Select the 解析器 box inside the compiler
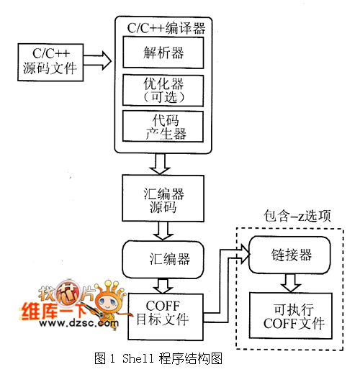(163, 53)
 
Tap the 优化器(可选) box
(163, 90)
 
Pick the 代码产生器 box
(163, 126)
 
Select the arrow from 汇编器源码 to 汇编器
(163, 230)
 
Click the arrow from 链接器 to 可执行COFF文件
(289, 283)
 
